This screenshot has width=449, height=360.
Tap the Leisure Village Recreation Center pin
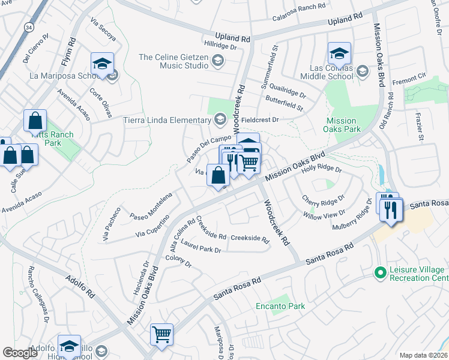(379, 273)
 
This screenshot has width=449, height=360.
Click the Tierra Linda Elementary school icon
(220, 119)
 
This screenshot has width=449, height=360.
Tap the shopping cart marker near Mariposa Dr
(162, 335)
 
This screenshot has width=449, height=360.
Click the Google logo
(20, 353)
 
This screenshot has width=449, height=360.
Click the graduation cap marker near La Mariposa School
(103, 64)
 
